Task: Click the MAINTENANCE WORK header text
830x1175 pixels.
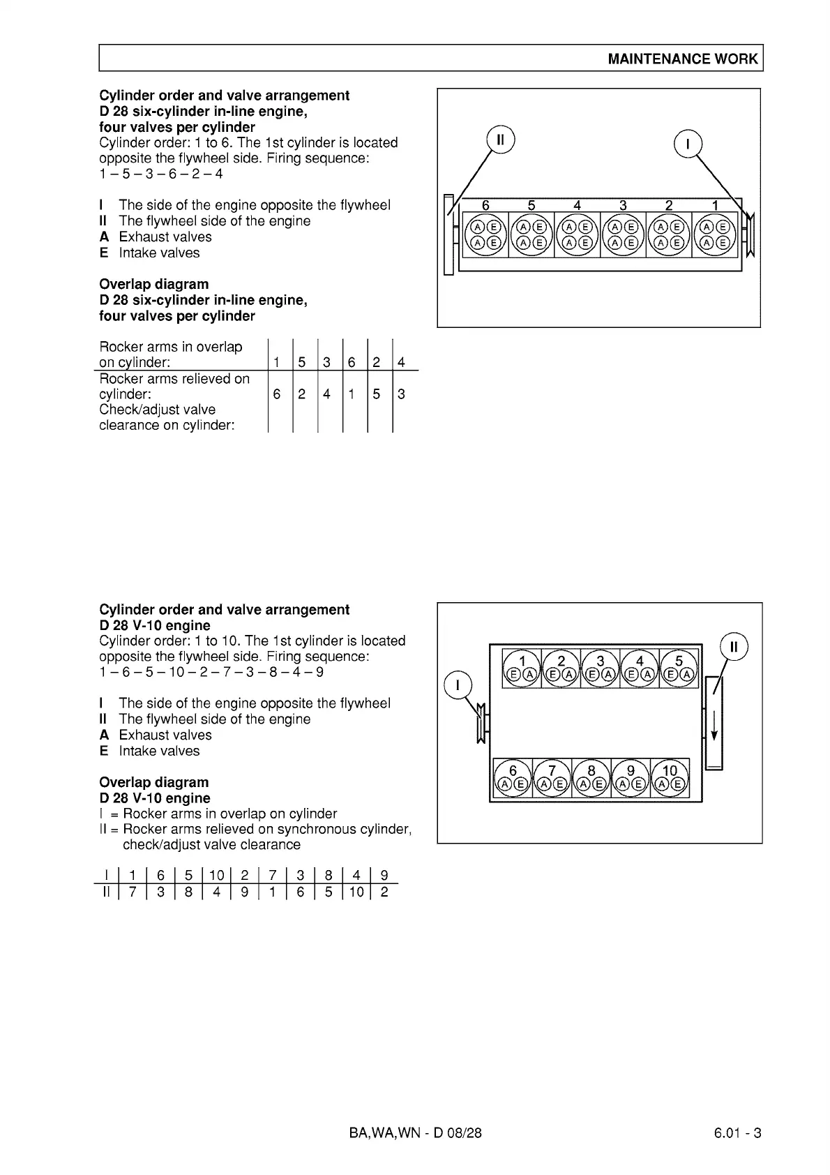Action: click(x=682, y=59)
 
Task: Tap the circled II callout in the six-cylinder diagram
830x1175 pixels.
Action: click(x=499, y=139)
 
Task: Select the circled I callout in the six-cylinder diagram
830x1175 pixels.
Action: click(x=688, y=144)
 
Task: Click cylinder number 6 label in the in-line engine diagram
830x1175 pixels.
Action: click(x=486, y=205)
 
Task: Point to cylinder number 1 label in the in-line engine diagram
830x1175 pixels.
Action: click(x=715, y=205)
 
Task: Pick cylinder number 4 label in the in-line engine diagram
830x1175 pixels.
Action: click(x=577, y=205)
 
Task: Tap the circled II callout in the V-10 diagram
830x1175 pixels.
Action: click(x=733, y=646)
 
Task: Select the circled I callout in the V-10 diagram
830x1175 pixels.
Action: click(x=458, y=685)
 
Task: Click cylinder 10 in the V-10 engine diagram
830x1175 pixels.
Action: click(x=670, y=771)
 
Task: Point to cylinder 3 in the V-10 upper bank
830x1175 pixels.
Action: click(x=600, y=660)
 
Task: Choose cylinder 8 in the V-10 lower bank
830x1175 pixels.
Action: click(x=591, y=771)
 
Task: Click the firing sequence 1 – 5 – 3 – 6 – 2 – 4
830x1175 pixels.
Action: click(x=161, y=174)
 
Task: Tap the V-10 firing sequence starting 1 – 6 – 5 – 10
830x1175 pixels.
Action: click(x=211, y=672)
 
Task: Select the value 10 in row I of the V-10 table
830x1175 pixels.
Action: click(x=216, y=875)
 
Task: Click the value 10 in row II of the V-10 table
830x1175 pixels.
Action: click(x=356, y=892)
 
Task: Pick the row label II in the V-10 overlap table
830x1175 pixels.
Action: click(x=106, y=892)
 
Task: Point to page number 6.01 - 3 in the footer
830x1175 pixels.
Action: click(x=737, y=1132)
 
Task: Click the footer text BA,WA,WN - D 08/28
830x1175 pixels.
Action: click(x=415, y=1132)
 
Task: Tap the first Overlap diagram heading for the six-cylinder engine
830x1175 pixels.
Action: click(x=153, y=284)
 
